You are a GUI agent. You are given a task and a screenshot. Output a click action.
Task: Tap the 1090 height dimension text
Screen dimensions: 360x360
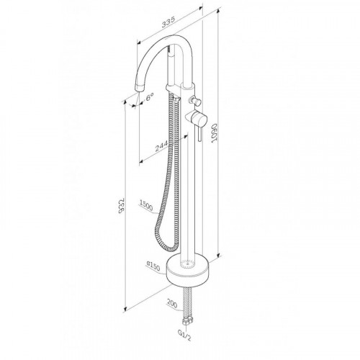pos(214,133)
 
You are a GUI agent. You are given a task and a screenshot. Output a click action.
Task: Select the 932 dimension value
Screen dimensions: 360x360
pos(122,205)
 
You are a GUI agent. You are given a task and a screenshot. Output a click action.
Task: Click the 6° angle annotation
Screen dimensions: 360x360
pos(149,97)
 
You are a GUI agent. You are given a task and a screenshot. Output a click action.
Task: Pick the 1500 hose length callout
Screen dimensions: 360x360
pos(146,206)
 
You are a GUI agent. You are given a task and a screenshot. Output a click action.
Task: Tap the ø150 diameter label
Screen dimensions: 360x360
pos(153,266)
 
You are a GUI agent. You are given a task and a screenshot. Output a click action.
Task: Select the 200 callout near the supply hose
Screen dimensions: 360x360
pos(172,303)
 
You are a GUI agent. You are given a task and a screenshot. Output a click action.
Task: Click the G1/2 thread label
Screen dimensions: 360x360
pos(184,335)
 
